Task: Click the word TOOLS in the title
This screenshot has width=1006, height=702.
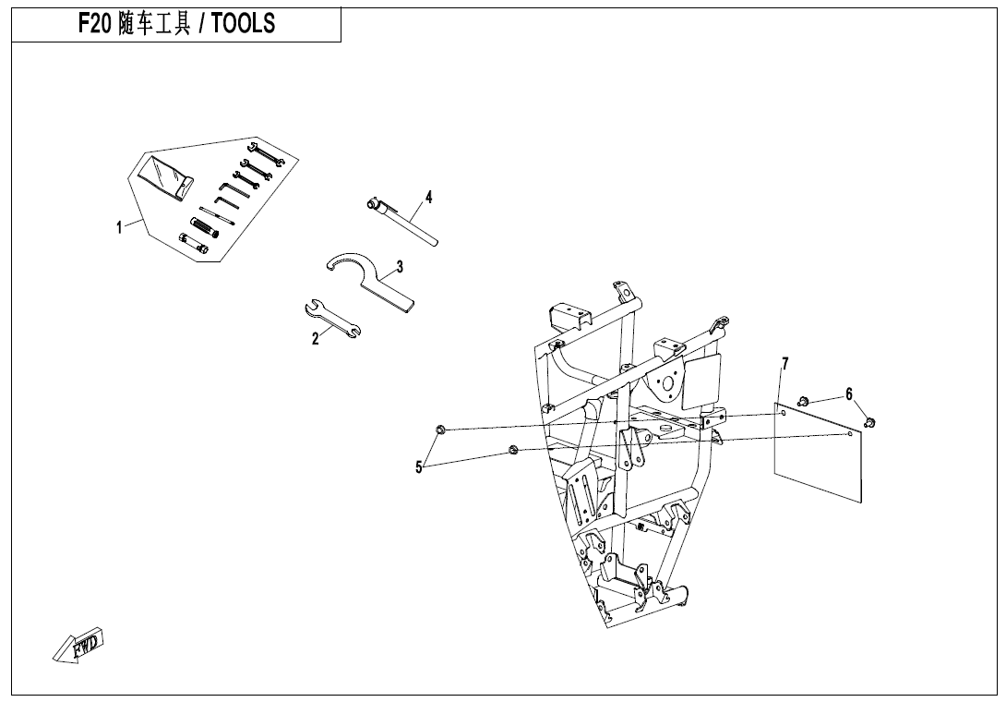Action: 244,24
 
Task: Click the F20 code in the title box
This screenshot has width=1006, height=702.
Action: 93,24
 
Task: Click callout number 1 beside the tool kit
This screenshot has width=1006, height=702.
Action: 119,228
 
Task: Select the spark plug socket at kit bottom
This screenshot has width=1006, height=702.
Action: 195,242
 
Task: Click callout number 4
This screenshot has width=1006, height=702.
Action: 428,197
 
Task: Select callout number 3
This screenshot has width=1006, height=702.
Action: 400,267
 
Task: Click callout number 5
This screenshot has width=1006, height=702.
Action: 418,467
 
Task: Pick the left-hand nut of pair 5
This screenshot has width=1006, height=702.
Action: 441,429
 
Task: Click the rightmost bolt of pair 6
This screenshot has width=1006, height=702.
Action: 869,422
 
